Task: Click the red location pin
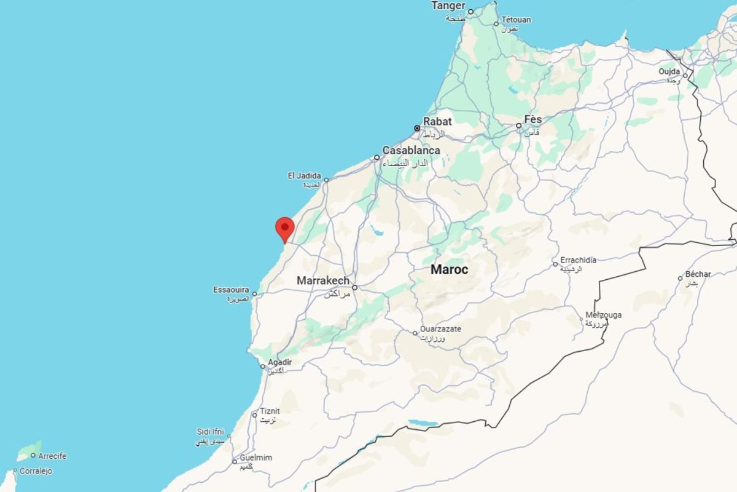point(284,228)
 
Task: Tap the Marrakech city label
point(323,281)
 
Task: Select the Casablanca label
point(411,151)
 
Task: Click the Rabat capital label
point(437,122)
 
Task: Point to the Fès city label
point(533,119)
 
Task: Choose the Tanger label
point(448,6)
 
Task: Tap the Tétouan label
point(516,20)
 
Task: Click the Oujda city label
point(669,72)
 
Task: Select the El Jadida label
point(305,176)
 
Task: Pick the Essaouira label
point(231,290)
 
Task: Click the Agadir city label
point(279,362)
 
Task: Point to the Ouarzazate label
point(440,329)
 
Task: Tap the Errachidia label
point(578,260)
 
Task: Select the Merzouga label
point(604,315)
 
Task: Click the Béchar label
point(699,274)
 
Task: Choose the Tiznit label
point(270,411)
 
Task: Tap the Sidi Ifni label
point(211,432)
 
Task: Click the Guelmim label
point(257,458)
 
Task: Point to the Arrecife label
point(52,456)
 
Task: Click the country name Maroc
point(449,269)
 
